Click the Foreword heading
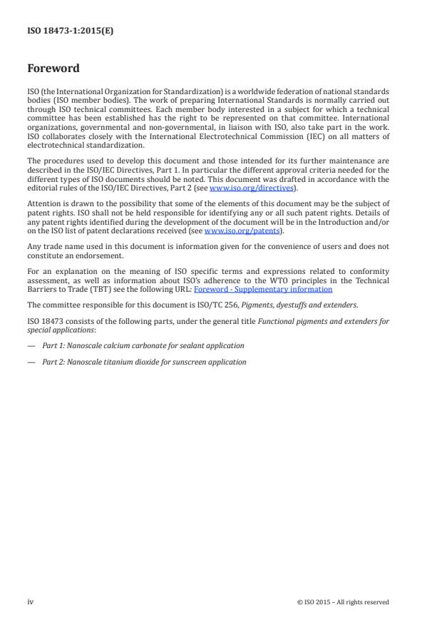[53, 69]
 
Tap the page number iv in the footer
[31, 601]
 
